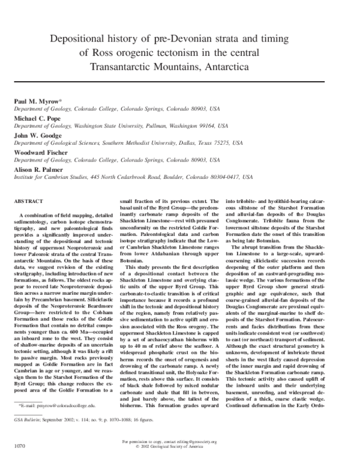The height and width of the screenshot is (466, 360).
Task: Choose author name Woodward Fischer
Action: tap(44, 154)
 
